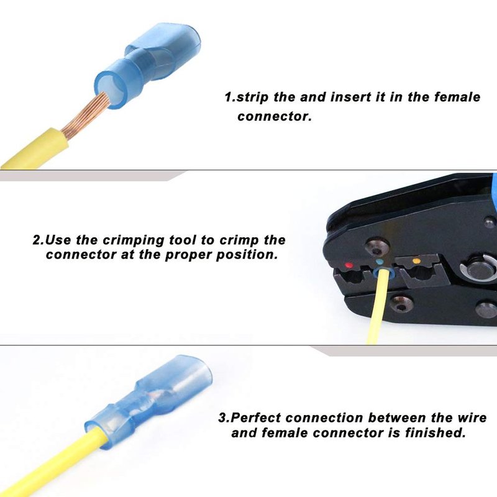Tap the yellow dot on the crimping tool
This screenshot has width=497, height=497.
[416, 262]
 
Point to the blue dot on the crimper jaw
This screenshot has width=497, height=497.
[380, 262]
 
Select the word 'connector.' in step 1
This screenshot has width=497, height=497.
[275, 116]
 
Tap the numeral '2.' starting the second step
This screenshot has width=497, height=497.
[38, 240]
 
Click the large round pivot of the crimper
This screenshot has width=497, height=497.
[478, 270]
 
